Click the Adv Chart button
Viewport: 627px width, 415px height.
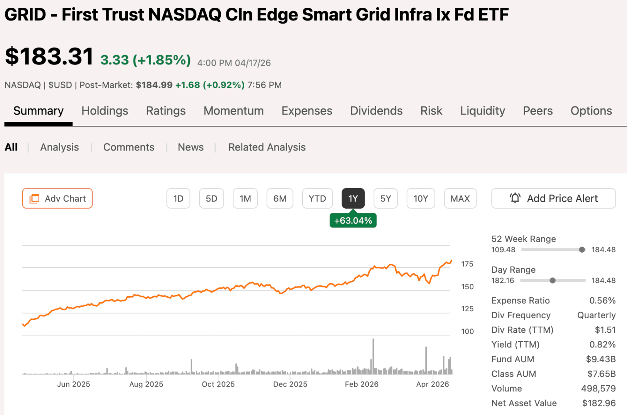57,198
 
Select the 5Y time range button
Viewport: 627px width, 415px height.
385,198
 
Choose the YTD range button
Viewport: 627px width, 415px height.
317,198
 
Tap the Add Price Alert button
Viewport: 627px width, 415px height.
553,198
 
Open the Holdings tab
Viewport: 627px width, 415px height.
105,111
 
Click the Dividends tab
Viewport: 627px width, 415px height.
376,111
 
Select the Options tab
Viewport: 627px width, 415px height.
591,111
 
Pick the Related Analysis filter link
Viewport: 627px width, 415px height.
267,147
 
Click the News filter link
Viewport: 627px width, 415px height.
191,147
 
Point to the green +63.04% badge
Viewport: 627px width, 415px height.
353,221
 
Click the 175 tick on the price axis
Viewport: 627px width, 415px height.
467,264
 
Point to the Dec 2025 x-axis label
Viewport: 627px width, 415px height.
290,384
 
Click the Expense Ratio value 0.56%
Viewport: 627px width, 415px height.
602,300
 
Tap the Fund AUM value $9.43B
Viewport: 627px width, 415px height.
601,359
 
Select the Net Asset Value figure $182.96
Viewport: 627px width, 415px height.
599,403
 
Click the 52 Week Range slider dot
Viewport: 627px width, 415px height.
582,250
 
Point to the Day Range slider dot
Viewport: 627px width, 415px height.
553,280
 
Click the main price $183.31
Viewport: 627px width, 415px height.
49,56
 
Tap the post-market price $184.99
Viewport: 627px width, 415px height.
154,85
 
